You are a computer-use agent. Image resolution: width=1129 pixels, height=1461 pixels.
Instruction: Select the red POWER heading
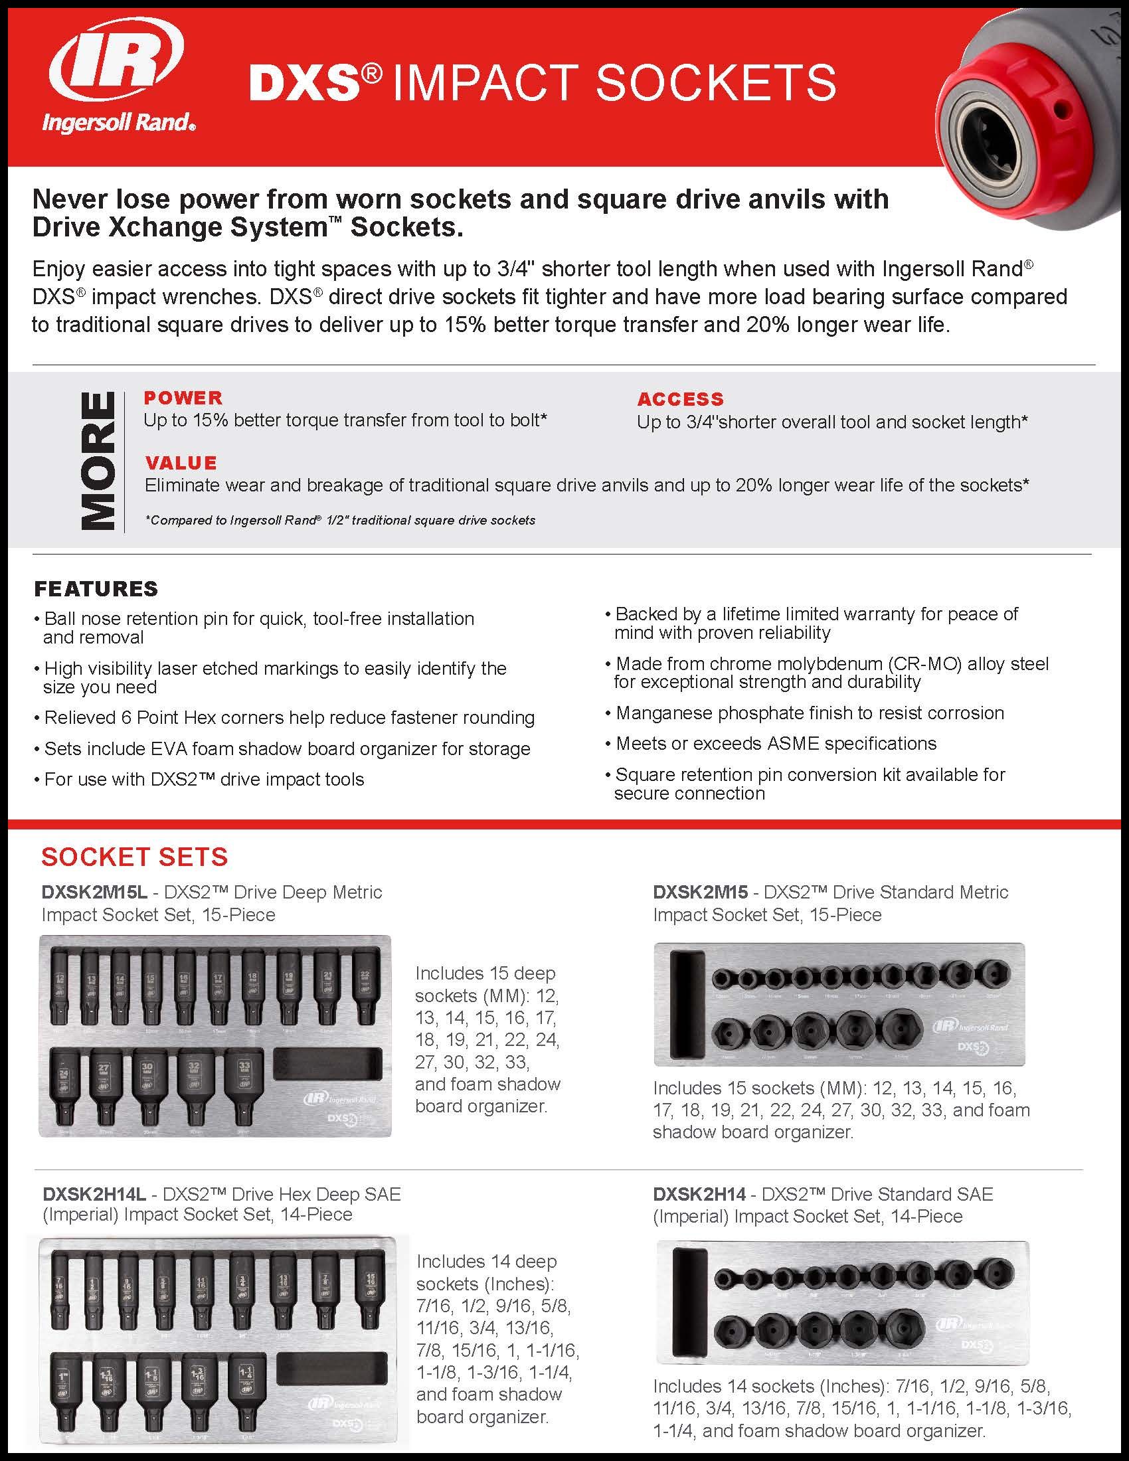point(183,397)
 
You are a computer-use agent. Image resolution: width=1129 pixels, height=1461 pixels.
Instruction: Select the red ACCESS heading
point(680,399)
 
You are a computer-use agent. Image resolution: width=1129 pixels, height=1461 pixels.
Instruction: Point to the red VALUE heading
point(181,463)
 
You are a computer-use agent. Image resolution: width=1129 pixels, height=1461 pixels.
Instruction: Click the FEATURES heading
point(96,588)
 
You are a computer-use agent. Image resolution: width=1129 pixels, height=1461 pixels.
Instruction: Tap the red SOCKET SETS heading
point(134,856)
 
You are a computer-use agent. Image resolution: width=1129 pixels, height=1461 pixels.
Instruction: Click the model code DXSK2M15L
point(94,892)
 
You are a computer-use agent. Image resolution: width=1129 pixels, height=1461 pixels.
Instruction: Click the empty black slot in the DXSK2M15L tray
point(327,1065)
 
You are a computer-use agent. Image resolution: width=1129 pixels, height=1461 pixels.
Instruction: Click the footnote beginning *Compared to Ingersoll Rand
point(340,520)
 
